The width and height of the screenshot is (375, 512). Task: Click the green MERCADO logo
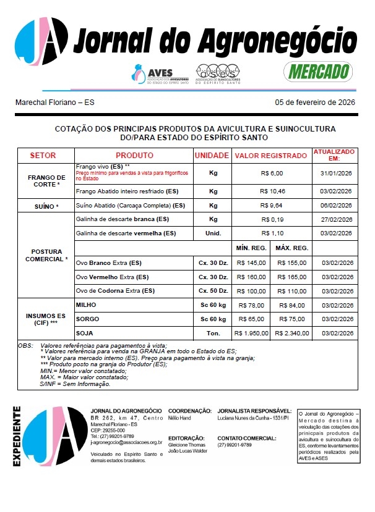tap(317, 71)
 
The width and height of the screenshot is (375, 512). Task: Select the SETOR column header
tap(43, 155)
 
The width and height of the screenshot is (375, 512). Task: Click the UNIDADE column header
tap(212, 155)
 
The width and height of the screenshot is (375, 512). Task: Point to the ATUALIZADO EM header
tap(334, 154)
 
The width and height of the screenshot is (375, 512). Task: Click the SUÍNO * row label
tap(43, 206)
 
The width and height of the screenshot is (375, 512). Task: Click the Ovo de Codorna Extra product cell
tap(115, 290)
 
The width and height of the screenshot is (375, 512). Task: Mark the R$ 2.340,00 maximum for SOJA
tap(291, 333)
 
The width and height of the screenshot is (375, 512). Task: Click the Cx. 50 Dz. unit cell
tap(212, 290)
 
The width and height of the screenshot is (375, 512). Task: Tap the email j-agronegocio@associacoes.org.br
tap(126, 442)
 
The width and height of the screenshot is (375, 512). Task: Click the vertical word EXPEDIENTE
tap(17, 436)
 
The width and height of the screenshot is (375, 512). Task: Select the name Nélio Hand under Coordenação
tap(180, 418)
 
